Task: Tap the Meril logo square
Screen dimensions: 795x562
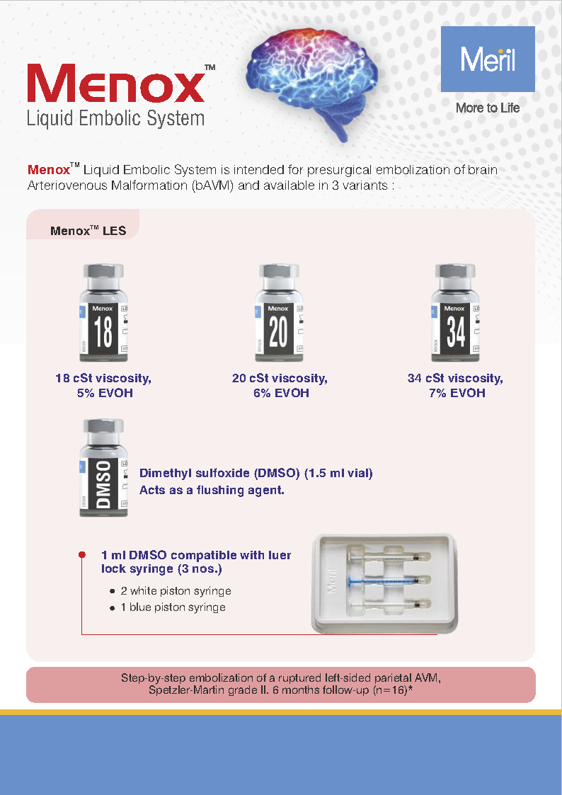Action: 488,59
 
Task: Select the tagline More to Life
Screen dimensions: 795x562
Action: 488,108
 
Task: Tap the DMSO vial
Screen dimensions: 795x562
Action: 103,467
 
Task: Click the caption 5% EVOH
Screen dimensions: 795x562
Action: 105,393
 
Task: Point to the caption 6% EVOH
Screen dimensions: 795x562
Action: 281,393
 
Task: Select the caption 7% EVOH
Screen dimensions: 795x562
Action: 457,393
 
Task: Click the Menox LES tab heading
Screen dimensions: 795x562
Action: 88,231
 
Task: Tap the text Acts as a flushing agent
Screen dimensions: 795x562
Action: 212,489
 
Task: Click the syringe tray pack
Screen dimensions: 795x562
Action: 386,583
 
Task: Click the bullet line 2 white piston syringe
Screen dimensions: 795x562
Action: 180,590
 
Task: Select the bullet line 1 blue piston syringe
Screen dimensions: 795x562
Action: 177,607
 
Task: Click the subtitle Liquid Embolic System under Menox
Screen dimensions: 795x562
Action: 115,118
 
